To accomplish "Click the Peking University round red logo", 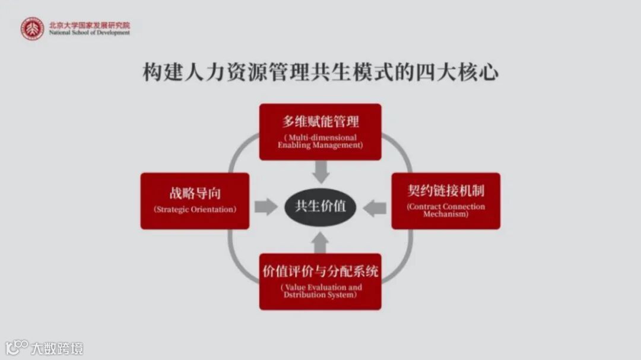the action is (x=32, y=28).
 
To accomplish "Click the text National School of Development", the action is (x=89, y=33).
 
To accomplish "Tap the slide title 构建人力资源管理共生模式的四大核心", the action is (x=320, y=73).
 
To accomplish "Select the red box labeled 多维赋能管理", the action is (x=320, y=132).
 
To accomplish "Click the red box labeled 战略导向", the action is (x=195, y=200).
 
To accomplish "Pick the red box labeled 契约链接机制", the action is (x=446, y=200).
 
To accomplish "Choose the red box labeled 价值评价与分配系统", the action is (x=320, y=281).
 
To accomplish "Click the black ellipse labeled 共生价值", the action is (x=320, y=206).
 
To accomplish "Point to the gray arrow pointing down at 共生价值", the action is (x=320, y=172).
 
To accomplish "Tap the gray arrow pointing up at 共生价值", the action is (x=320, y=241).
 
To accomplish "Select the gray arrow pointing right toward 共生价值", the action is (x=265, y=206).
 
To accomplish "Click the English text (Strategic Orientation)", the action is (x=195, y=209).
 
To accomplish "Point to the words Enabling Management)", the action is (x=320, y=145).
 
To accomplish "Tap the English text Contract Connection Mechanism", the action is (x=446, y=211).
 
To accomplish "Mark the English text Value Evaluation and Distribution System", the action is (x=320, y=291).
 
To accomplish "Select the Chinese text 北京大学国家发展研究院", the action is (x=89, y=26).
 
